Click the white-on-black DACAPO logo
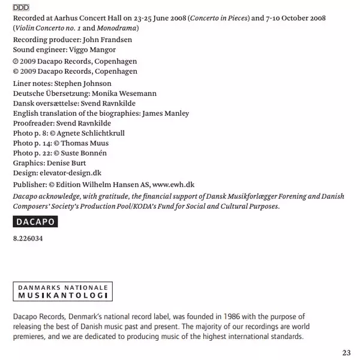pos(35,221)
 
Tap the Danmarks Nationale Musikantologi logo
pos(63,292)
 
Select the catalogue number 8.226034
pos(28,238)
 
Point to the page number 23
pos(346,352)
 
